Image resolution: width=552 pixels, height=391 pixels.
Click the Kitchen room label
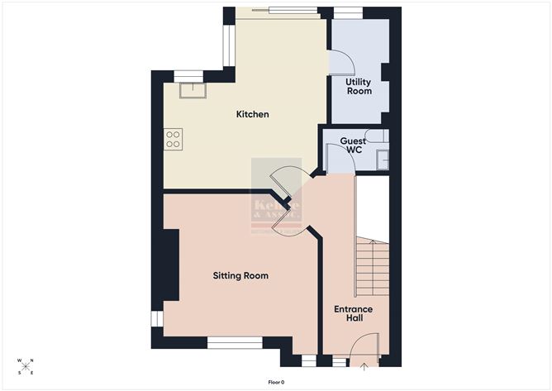pyautogui.click(x=252, y=114)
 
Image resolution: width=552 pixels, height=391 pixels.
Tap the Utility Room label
pyautogui.click(x=358, y=87)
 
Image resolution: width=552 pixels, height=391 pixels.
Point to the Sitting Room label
pyautogui.click(x=240, y=275)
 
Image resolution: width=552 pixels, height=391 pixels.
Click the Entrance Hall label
pyautogui.click(x=353, y=314)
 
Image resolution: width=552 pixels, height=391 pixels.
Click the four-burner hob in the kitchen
pyautogui.click(x=173, y=139)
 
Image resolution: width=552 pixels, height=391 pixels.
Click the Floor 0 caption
pyautogui.click(x=276, y=382)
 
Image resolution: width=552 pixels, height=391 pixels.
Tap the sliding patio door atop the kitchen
pyautogui.click(x=275, y=12)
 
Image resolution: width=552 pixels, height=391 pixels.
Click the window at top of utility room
pyautogui.click(x=347, y=12)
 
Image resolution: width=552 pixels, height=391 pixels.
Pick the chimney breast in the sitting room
pyautogui.click(x=170, y=265)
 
